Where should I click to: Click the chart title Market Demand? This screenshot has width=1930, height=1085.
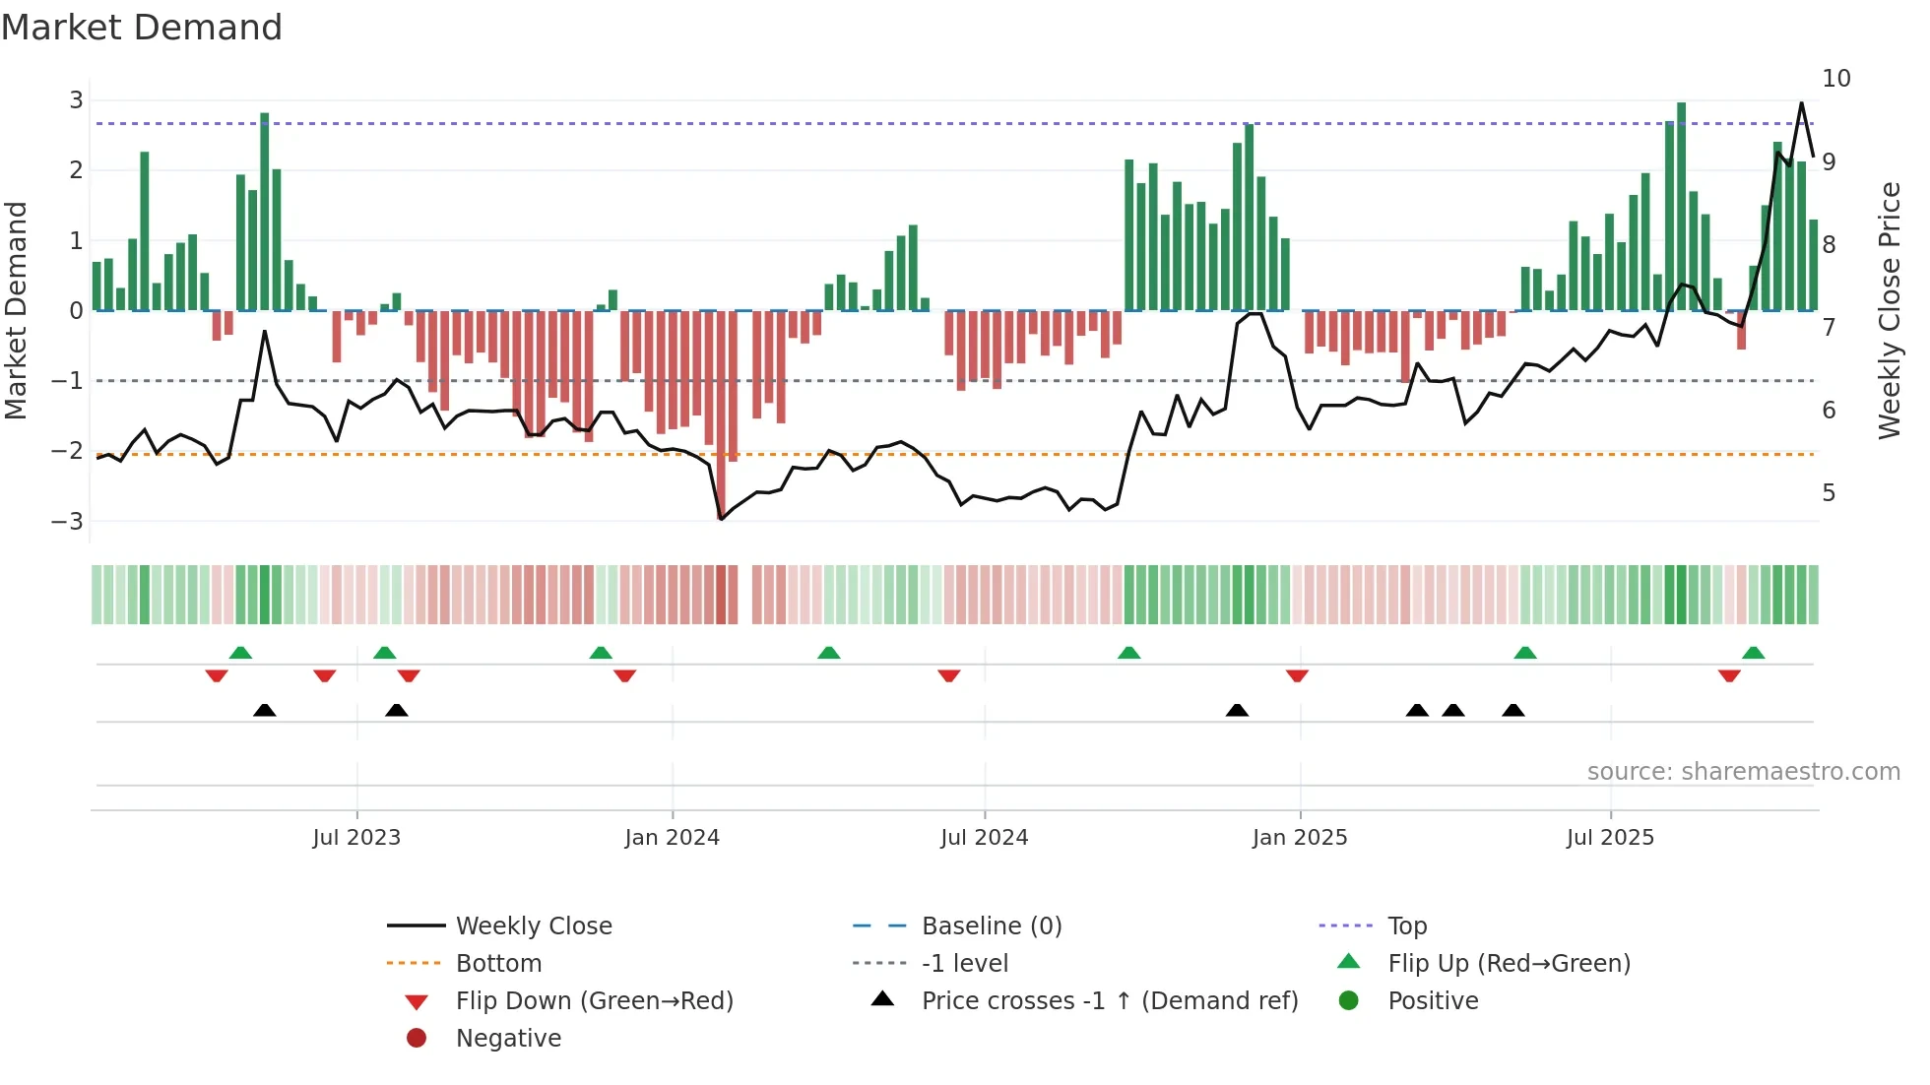tap(142, 28)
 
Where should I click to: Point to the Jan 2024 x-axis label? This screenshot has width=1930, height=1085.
tap(672, 837)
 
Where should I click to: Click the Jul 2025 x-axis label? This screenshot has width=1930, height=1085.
tap(1610, 837)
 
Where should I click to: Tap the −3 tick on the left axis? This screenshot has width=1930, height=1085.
tap(68, 521)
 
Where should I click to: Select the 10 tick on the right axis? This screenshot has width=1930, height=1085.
tap(1835, 78)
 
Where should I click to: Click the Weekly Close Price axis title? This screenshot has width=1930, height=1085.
tap(1889, 310)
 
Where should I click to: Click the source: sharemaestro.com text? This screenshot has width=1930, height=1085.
tap(1743, 771)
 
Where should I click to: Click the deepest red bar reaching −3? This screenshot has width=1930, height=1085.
tap(721, 414)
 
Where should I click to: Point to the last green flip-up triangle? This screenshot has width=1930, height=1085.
tap(1753, 653)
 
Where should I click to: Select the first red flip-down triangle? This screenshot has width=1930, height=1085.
tap(217, 675)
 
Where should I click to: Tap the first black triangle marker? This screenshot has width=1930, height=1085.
tap(264, 710)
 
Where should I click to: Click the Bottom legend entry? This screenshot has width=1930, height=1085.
tap(498, 963)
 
